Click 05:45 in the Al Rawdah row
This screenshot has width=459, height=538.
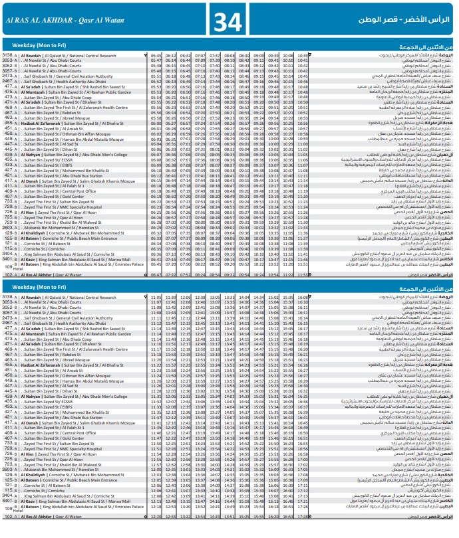[156, 55]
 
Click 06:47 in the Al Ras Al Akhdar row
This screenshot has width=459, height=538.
[156, 274]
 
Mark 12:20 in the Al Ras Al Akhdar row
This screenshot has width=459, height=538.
[156, 516]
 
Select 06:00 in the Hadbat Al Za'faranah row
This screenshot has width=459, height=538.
[156, 124]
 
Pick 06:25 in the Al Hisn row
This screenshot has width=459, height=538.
[156, 213]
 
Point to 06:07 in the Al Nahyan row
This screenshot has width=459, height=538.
[156, 155]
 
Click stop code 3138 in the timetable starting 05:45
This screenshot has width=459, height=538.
[8, 55]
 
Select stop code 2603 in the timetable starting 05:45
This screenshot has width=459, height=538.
[8, 228]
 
